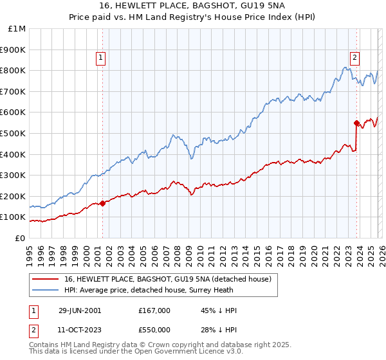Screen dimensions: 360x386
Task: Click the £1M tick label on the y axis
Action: coord(16,28)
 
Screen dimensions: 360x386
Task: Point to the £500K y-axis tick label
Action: coord(14,133)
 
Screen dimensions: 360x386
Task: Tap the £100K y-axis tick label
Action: coord(14,217)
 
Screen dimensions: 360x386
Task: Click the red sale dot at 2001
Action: coord(103,203)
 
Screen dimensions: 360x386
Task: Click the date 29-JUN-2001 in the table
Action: coord(79,310)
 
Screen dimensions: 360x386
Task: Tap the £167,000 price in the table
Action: coord(154,310)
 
